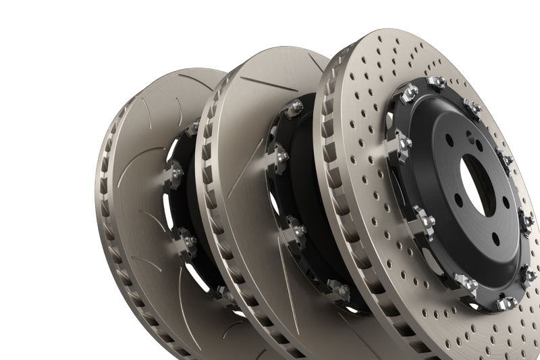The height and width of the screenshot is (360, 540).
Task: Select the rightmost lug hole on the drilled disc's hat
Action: [506, 203]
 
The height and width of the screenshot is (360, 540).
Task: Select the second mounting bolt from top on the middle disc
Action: [281, 156]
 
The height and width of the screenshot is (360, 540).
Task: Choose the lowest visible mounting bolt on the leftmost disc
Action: [223, 292]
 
